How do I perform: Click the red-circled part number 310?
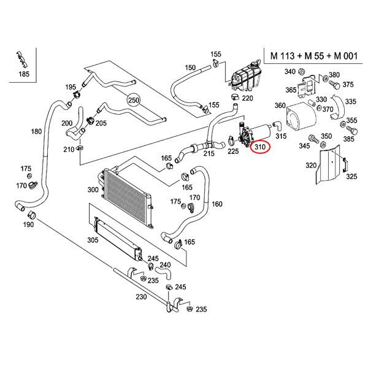pyautogui.click(x=259, y=147)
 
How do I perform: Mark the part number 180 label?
pyautogui.click(x=36, y=131)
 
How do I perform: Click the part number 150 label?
pyautogui.click(x=190, y=67)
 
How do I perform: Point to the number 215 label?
pyautogui.click(x=209, y=153)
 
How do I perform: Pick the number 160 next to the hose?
pyautogui.click(x=217, y=204)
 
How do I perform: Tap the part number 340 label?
pyautogui.click(x=291, y=72)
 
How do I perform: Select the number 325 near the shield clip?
pyautogui.click(x=351, y=177)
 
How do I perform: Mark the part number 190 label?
pyautogui.click(x=28, y=226)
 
